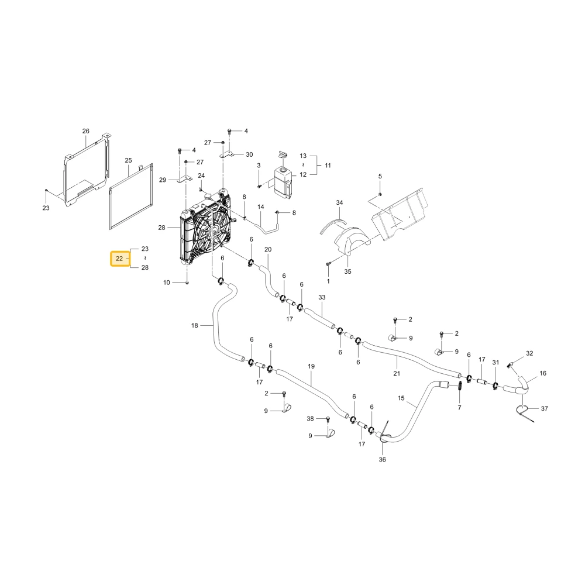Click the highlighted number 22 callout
pos(119,259)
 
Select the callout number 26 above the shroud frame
pos(86,131)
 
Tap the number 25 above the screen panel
pos(128,160)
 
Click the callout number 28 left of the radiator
pos(161,228)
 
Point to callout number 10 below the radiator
pos(166,283)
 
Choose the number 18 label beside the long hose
pos(194,326)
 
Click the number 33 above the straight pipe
pos(322,297)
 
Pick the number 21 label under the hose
pos(397,373)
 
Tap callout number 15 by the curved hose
pos(401,398)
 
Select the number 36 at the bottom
pos(383,460)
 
